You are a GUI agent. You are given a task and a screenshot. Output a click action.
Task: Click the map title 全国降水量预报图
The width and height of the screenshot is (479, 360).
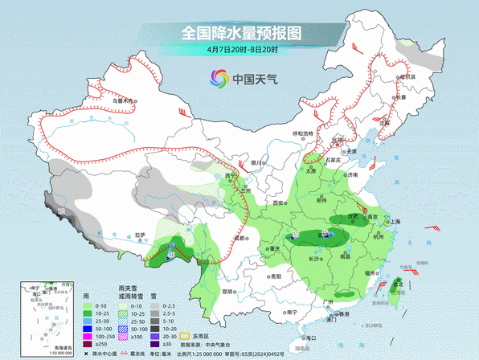240,33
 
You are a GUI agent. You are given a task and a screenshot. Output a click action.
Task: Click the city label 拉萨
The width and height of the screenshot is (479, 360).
141,235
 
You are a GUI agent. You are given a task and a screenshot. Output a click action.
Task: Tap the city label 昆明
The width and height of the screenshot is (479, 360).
230,292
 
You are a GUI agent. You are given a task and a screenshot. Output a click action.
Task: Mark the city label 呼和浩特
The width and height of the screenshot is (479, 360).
302,134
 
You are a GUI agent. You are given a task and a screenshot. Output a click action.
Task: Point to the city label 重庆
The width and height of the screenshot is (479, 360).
274,249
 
